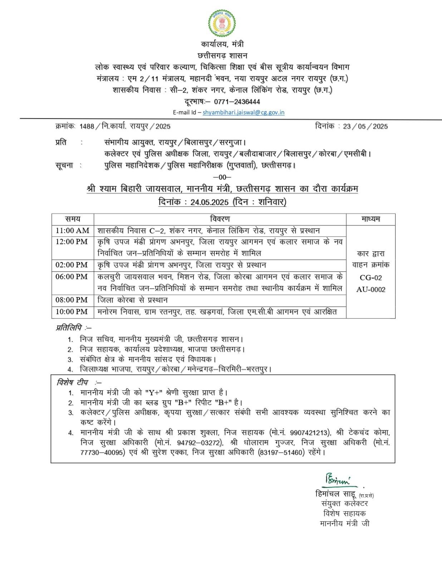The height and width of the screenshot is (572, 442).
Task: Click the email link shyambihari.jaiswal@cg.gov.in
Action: click(244, 112)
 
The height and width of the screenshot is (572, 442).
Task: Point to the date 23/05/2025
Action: click(365, 126)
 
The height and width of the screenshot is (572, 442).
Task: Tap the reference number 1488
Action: click(87, 126)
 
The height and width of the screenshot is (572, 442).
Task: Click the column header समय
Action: click(73, 219)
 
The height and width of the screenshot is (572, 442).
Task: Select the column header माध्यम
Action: click(370, 219)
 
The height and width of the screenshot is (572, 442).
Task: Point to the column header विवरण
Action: click(220, 219)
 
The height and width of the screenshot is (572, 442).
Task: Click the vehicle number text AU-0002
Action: click(371, 290)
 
